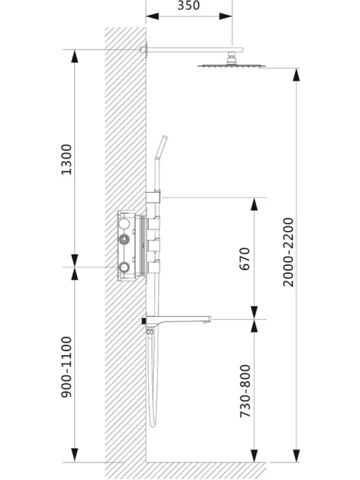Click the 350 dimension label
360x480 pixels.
click(x=188, y=5)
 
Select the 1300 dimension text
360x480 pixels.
click(x=66, y=159)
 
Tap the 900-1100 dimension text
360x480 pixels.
click(x=66, y=367)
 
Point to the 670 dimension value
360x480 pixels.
click(x=245, y=259)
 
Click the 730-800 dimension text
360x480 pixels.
click(x=245, y=390)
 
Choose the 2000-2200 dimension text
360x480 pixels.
click(x=288, y=252)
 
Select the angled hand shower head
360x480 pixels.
click(x=161, y=147)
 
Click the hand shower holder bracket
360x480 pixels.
click(x=153, y=197)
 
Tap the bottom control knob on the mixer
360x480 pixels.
click(x=154, y=266)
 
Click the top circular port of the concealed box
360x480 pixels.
click(x=124, y=223)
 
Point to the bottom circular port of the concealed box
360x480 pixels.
click(x=124, y=267)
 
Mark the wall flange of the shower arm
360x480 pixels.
click(x=144, y=49)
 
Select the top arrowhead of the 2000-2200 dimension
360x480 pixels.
click(x=296, y=75)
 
